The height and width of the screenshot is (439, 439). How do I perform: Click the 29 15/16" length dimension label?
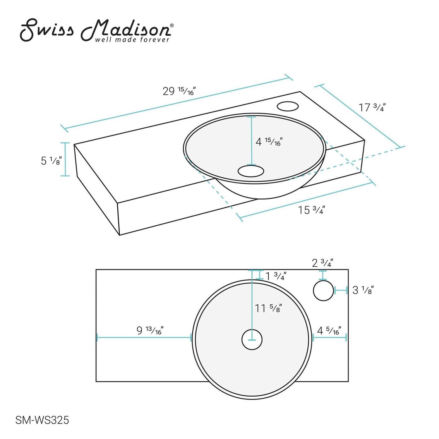click(x=179, y=91)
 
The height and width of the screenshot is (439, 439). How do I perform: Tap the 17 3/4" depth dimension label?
click(x=371, y=107)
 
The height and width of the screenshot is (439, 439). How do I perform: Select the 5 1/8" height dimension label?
click(x=51, y=160)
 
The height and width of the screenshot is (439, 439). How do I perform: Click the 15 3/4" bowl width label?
click(x=311, y=210)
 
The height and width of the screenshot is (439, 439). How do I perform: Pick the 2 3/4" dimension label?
click(x=322, y=263)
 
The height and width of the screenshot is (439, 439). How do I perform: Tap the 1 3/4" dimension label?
click(x=275, y=276)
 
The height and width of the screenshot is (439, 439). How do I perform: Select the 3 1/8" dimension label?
click(x=363, y=290)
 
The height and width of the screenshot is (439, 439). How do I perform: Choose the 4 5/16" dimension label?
click(x=329, y=331)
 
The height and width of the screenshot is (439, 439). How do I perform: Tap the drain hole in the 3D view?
click(x=251, y=171)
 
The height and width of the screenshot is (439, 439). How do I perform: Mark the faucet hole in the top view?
click(x=323, y=291)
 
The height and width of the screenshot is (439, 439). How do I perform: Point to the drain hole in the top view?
click(x=252, y=339)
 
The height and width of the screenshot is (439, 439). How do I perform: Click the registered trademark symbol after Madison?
click(x=172, y=26)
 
